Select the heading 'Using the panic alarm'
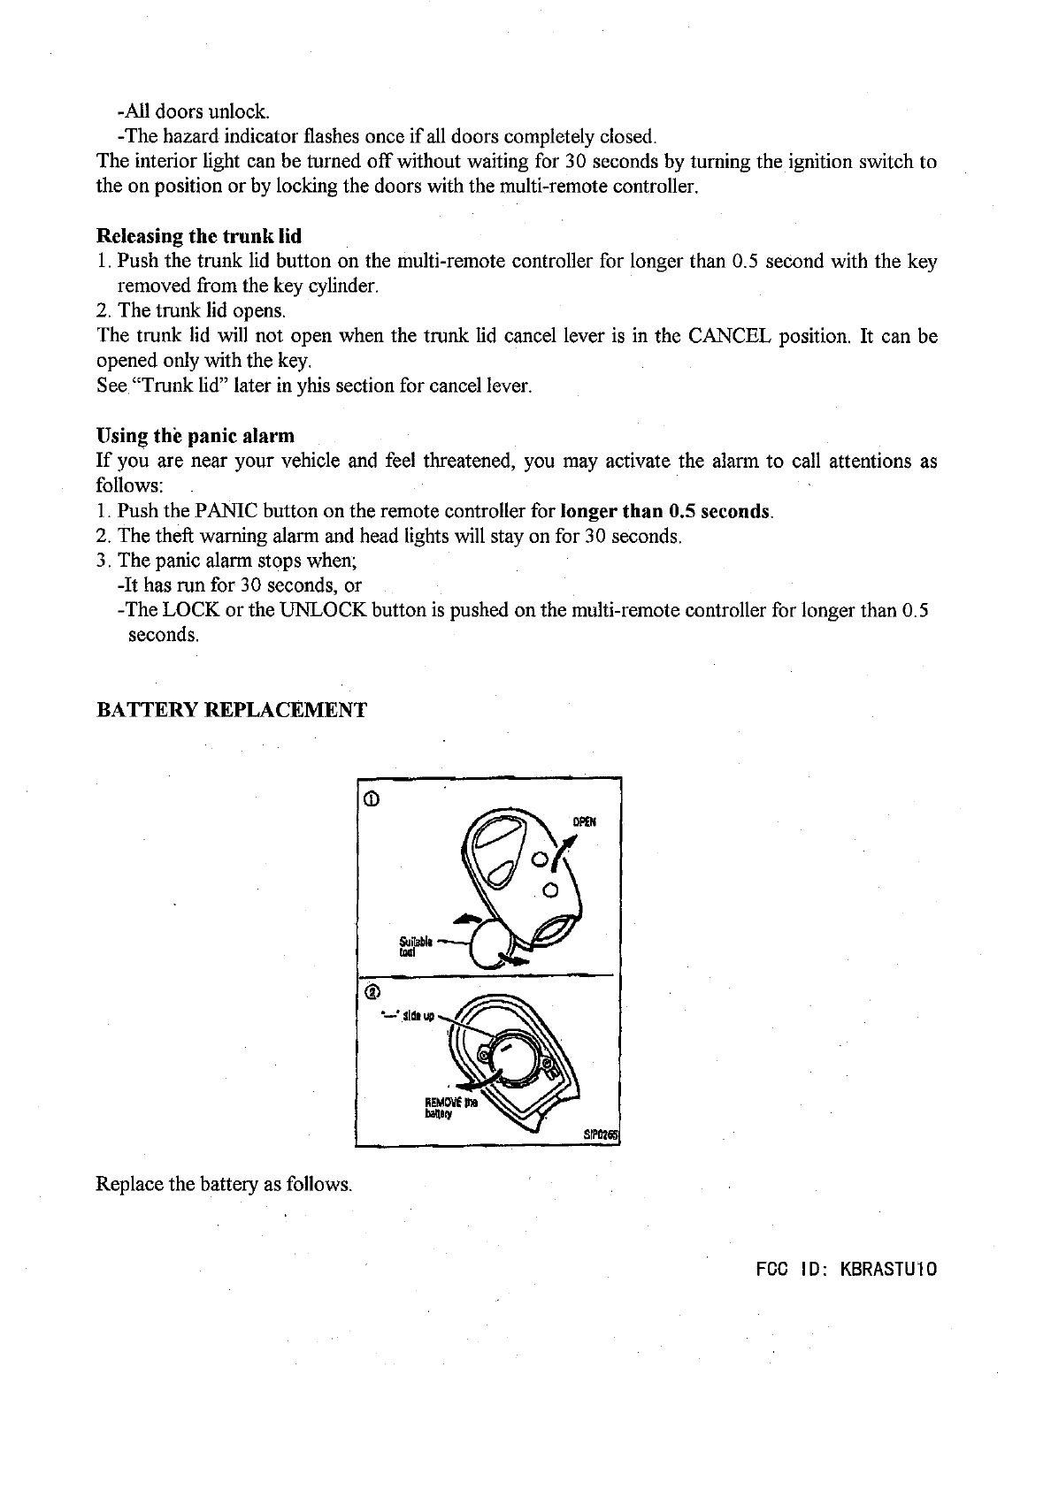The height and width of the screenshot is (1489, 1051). point(195,436)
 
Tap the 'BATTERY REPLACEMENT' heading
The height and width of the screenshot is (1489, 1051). point(230,710)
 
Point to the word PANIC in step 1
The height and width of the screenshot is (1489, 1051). point(226,511)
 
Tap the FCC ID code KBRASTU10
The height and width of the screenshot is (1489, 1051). point(887,1270)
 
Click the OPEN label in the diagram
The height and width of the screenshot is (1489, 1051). point(585,821)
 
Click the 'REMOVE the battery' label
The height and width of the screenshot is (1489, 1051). point(449,1107)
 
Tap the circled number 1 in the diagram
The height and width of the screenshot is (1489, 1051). point(372,801)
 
